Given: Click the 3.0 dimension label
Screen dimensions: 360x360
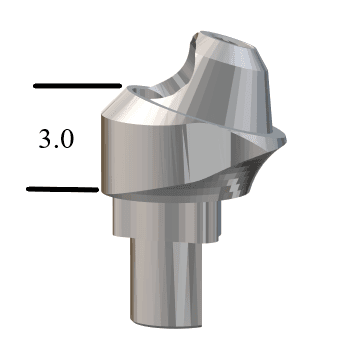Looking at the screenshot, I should coord(56,137).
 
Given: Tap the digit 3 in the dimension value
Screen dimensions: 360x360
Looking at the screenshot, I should coord(44,137).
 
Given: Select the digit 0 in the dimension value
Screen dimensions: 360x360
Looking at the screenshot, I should coord(66,137).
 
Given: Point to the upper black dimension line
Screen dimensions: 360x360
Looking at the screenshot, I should coord(77,86).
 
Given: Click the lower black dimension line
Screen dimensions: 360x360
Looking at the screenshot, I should coord(62,188).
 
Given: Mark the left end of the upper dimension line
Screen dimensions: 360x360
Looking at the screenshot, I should coord(36,86).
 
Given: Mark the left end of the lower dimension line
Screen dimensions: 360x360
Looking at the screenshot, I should coord(29,188).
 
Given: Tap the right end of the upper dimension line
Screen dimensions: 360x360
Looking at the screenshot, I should coord(119,86).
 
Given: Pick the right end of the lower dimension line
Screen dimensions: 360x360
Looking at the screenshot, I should coord(96,188).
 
